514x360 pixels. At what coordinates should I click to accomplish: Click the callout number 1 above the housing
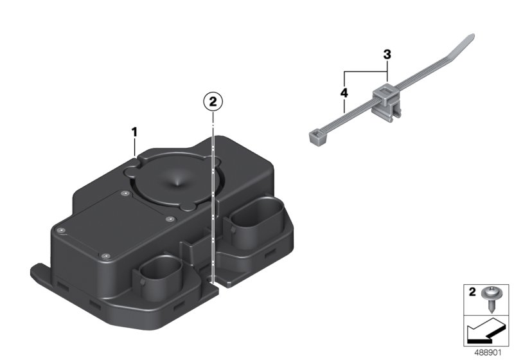(x=135, y=132)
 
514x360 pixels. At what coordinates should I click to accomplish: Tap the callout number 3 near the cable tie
(x=387, y=55)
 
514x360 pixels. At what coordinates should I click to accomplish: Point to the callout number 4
(x=344, y=93)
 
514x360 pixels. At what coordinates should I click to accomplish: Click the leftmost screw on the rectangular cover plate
(x=60, y=229)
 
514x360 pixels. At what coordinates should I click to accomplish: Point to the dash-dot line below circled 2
(x=213, y=193)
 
